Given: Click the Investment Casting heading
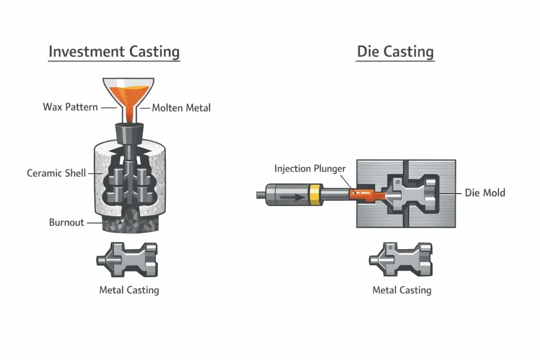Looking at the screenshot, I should [x=114, y=52].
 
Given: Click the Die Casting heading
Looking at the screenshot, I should [x=395, y=52].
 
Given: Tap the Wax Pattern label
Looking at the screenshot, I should [x=70, y=107].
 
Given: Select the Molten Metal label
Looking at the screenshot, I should [x=181, y=108].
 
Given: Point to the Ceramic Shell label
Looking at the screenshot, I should [x=56, y=173].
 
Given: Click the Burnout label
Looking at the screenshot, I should [x=66, y=222].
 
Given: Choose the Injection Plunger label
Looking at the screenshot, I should [x=310, y=169].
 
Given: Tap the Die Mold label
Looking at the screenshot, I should [x=485, y=193].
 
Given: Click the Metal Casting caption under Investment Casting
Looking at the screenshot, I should [x=129, y=290].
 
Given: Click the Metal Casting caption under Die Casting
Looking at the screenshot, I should [x=401, y=290].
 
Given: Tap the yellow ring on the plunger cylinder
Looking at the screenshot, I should [x=315, y=195].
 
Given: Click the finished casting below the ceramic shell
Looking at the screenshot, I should [x=127, y=259].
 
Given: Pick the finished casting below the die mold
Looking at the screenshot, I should [x=400, y=259].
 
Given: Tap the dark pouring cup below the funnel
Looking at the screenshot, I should [x=129, y=132].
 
